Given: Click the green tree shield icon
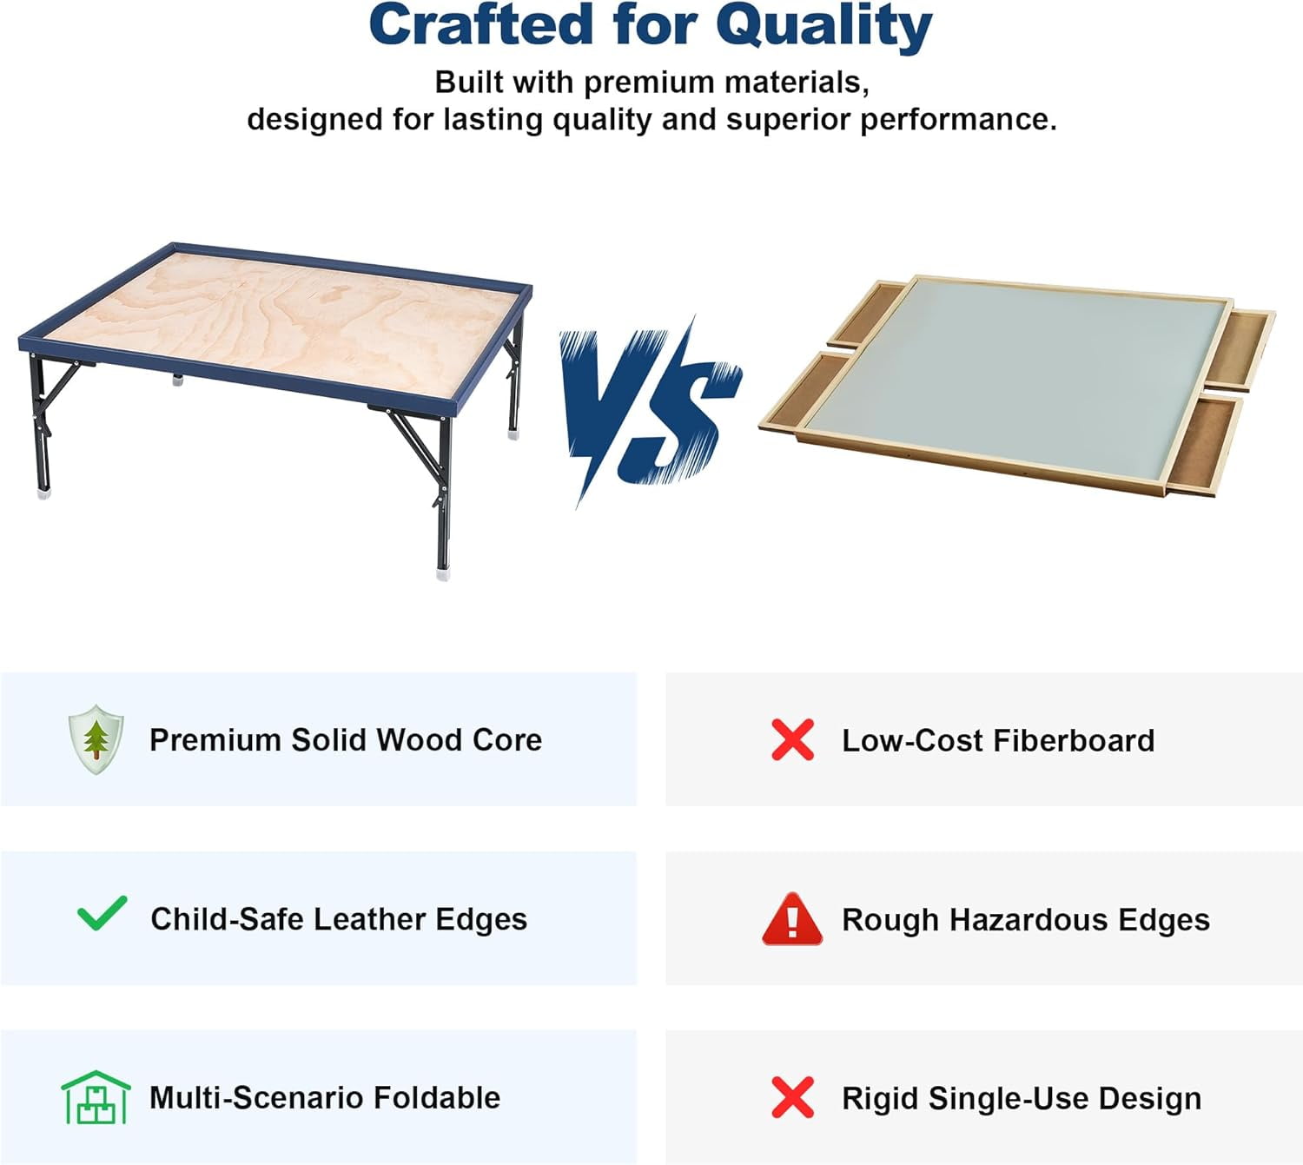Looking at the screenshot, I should click(x=96, y=739).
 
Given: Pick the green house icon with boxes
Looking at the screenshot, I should click(x=96, y=1097).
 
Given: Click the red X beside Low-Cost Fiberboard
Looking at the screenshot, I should click(x=792, y=740).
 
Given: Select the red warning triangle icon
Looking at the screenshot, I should click(x=792, y=919).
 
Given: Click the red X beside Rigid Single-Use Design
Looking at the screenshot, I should click(x=792, y=1097).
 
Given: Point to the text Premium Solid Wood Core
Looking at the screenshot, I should click(x=346, y=740).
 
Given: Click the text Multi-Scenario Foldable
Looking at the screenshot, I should click(x=325, y=1097).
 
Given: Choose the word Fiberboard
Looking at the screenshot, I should click(x=1074, y=740).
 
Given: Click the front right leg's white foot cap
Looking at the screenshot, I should click(x=443, y=573).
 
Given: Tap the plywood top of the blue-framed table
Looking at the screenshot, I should click(x=287, y=321).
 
